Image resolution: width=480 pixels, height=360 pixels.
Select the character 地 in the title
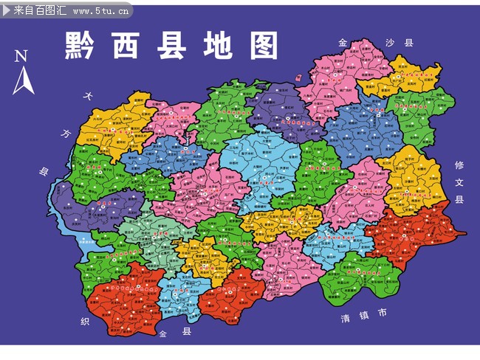[x=219, y=46]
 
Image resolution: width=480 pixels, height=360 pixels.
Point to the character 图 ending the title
[x=263, y=46]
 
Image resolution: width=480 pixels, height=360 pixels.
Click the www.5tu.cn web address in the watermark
[x=102, y=10]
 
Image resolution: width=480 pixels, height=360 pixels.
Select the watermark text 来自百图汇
[x=36, y=10]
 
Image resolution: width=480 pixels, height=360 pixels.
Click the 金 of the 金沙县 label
[x=342, y=43]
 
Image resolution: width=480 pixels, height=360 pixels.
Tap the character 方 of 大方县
[x=65, y=134]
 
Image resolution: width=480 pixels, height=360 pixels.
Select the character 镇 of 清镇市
[x=363, y=316]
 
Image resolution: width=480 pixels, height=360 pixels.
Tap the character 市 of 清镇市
[x=382, y=313]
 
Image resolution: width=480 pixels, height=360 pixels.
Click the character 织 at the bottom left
[x=85, y=322]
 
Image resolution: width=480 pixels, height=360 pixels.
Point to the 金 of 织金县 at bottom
[x=162, y=334]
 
